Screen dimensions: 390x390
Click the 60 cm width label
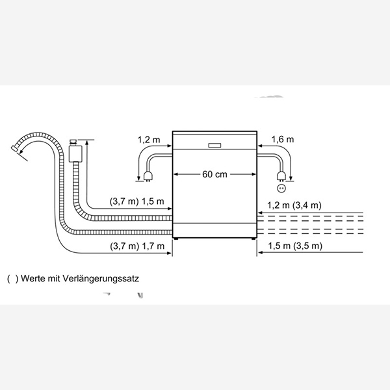click(214, 174)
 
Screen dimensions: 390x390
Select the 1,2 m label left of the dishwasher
click(148, 139)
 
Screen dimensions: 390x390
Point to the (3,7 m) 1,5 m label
click(136, 201)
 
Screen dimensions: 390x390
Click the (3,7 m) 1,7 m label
click(136, 246)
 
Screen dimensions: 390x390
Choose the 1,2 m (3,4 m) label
click(294, 205)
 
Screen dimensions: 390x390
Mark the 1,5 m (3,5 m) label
click(294, 246)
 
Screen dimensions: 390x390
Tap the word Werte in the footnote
click(33, 278)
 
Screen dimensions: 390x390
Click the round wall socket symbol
click(281, 188)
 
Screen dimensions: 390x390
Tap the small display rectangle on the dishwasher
click(214, 145)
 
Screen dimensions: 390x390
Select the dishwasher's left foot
click(176, 240)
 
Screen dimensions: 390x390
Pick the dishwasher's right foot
click(253, 240)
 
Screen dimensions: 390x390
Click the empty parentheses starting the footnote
click(11, 278)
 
